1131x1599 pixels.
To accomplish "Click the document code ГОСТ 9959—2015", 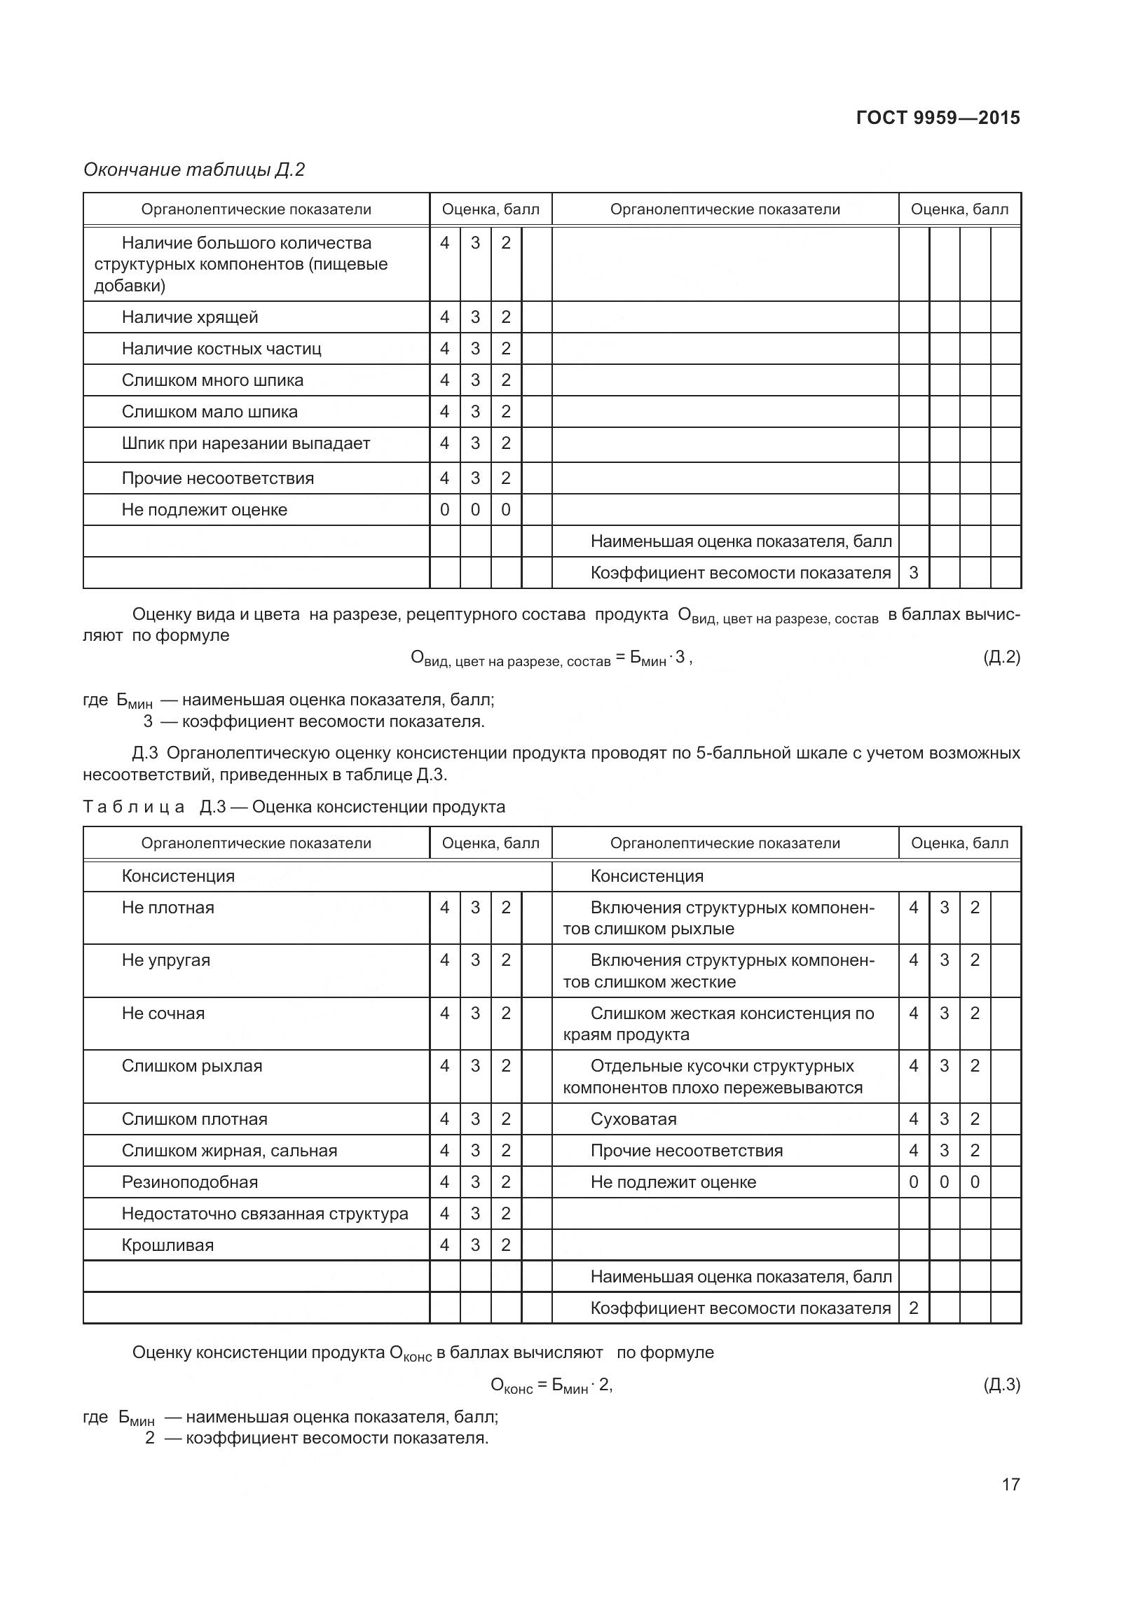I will click(938, 118).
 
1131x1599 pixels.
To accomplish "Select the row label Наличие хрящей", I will click(190, 317).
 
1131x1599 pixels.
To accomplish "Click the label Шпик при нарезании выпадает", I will click(245, 443).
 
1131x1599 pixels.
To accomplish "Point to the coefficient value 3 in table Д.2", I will click(913, 573).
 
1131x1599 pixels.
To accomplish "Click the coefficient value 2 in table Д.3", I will click(913, 1308).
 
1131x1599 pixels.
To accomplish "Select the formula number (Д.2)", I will click(1001, 657).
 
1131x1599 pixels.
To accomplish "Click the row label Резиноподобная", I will click(190, 1182).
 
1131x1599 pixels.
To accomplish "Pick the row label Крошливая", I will click(167, 1245).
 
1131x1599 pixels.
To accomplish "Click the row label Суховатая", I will click(633, 1119).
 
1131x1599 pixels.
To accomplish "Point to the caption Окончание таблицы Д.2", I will click(194, 170).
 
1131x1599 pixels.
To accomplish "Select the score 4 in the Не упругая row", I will click(444, 960).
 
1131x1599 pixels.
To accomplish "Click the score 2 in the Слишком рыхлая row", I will click(506, 1066).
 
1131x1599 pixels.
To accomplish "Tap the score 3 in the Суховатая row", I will click(944, 1119).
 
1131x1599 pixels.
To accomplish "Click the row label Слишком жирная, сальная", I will click(229, 1151).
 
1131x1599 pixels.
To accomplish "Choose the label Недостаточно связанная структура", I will click(265, 1214).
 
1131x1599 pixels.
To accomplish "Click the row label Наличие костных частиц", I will click(221, 349).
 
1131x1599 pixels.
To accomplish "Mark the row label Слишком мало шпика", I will click(210, 412).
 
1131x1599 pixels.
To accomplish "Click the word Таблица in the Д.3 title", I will click(133, 807).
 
